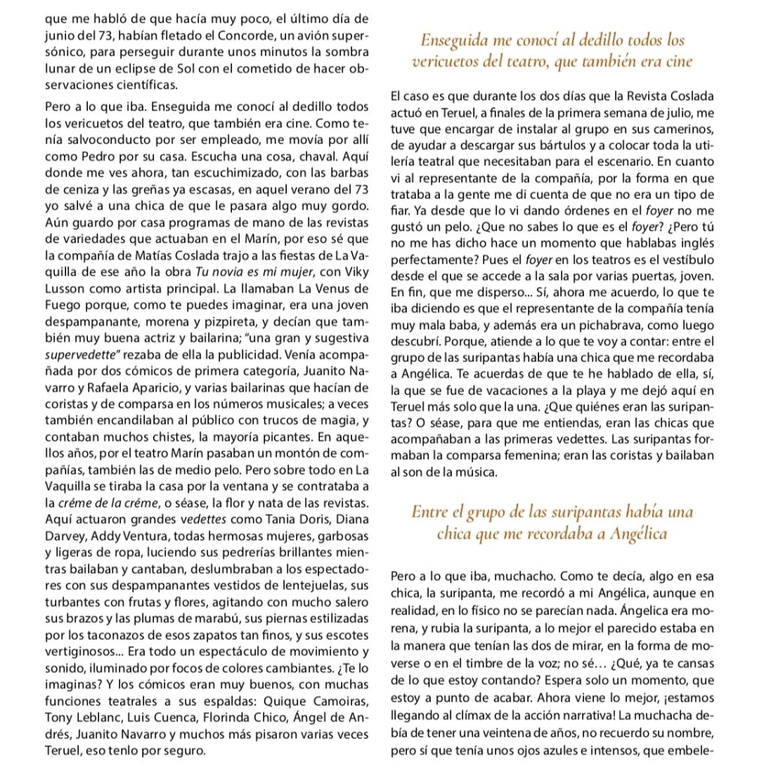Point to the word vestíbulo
683,257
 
